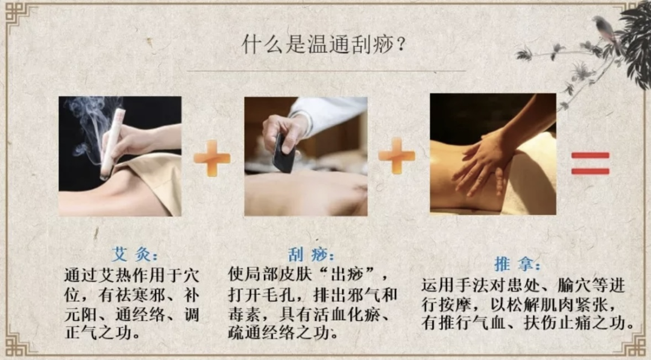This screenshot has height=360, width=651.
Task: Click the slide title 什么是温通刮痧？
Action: pyautogui.click(x=324, y=45)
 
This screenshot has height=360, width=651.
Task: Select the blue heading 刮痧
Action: pyautogui.click(x=311, y=254)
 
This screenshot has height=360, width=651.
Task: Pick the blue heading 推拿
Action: pyautogui.click(x=517, y=264)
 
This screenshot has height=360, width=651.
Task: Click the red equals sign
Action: pyautogui.click(x=590, y=163)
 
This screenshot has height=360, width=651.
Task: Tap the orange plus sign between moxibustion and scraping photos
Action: pyautogui.click(x=212, y=158)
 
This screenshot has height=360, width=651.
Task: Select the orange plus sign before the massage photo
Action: pyautogui.click(x=397, y=156)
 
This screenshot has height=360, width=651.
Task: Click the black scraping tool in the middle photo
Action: pyautogui.click(x=285, y=154)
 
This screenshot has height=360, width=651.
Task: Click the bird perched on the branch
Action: pyautogui.click(x=606, y=29)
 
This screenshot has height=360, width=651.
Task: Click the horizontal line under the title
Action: pyautogui.click(x=326, y=71)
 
